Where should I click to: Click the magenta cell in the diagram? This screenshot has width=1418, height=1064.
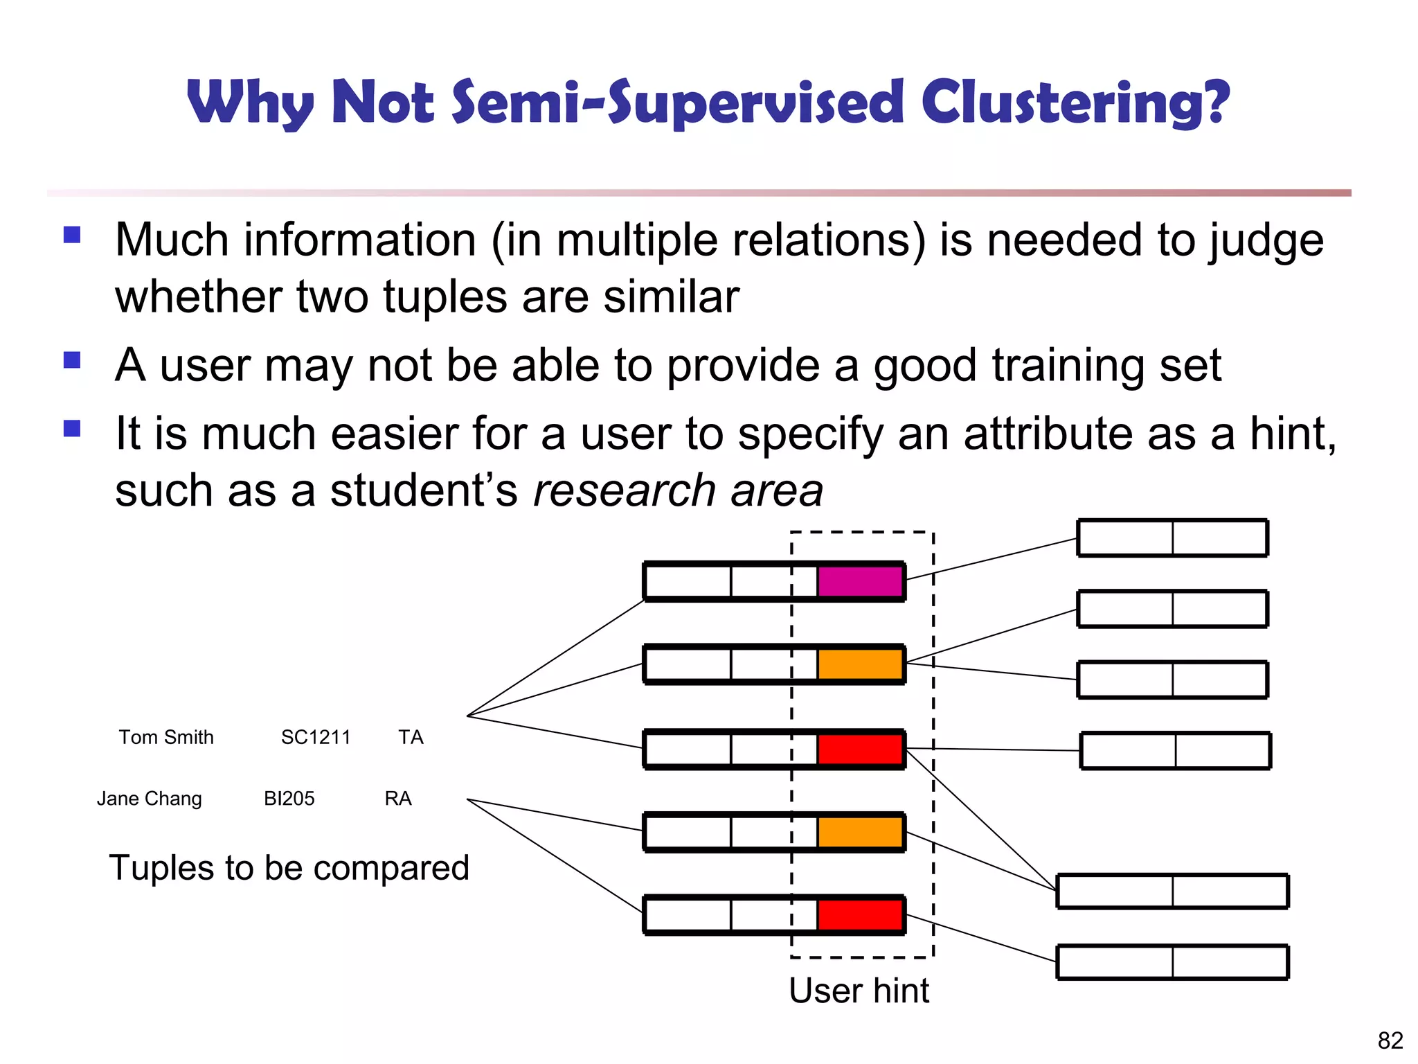pyautogui.click(x=861, y=581)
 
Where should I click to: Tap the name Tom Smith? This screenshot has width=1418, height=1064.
pyautogui.click(x=166, y=737)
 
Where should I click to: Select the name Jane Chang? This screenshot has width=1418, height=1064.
pyautogui.click(x=150, y=799)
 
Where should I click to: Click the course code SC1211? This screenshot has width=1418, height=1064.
pyautogui.click(x=316, y=737)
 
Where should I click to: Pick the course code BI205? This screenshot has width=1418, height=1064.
pyautogui.click(x=289, y=799)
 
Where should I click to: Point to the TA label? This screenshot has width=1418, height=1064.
pyautogui.click(x=411, y=737)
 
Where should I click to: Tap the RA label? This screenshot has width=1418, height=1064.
pyautogui.click(x=398, y=799)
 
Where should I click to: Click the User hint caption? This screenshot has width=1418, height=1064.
pyautogui.click(x=859, y=991)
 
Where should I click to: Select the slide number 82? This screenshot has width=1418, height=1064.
pyautogui.click(x=1390, y=1040)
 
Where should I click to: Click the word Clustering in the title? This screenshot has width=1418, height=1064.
pyautogui.click(x=1075, y=103)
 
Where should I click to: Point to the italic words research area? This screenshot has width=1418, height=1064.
pyautogui.click(x=678, y=490)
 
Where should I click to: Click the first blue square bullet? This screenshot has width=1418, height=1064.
pyautogui.click(x=72, y=235)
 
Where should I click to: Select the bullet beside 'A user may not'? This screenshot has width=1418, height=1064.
pyautogui.click(x=72, y=360)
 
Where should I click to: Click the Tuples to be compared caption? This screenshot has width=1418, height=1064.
pyautogui.click(x=289, y=868)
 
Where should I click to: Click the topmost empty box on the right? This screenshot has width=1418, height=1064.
pyautogui.click(x=1172, y=538)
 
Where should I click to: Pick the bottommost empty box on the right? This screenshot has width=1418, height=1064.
pyautogui.click(x=1172, y=962)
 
